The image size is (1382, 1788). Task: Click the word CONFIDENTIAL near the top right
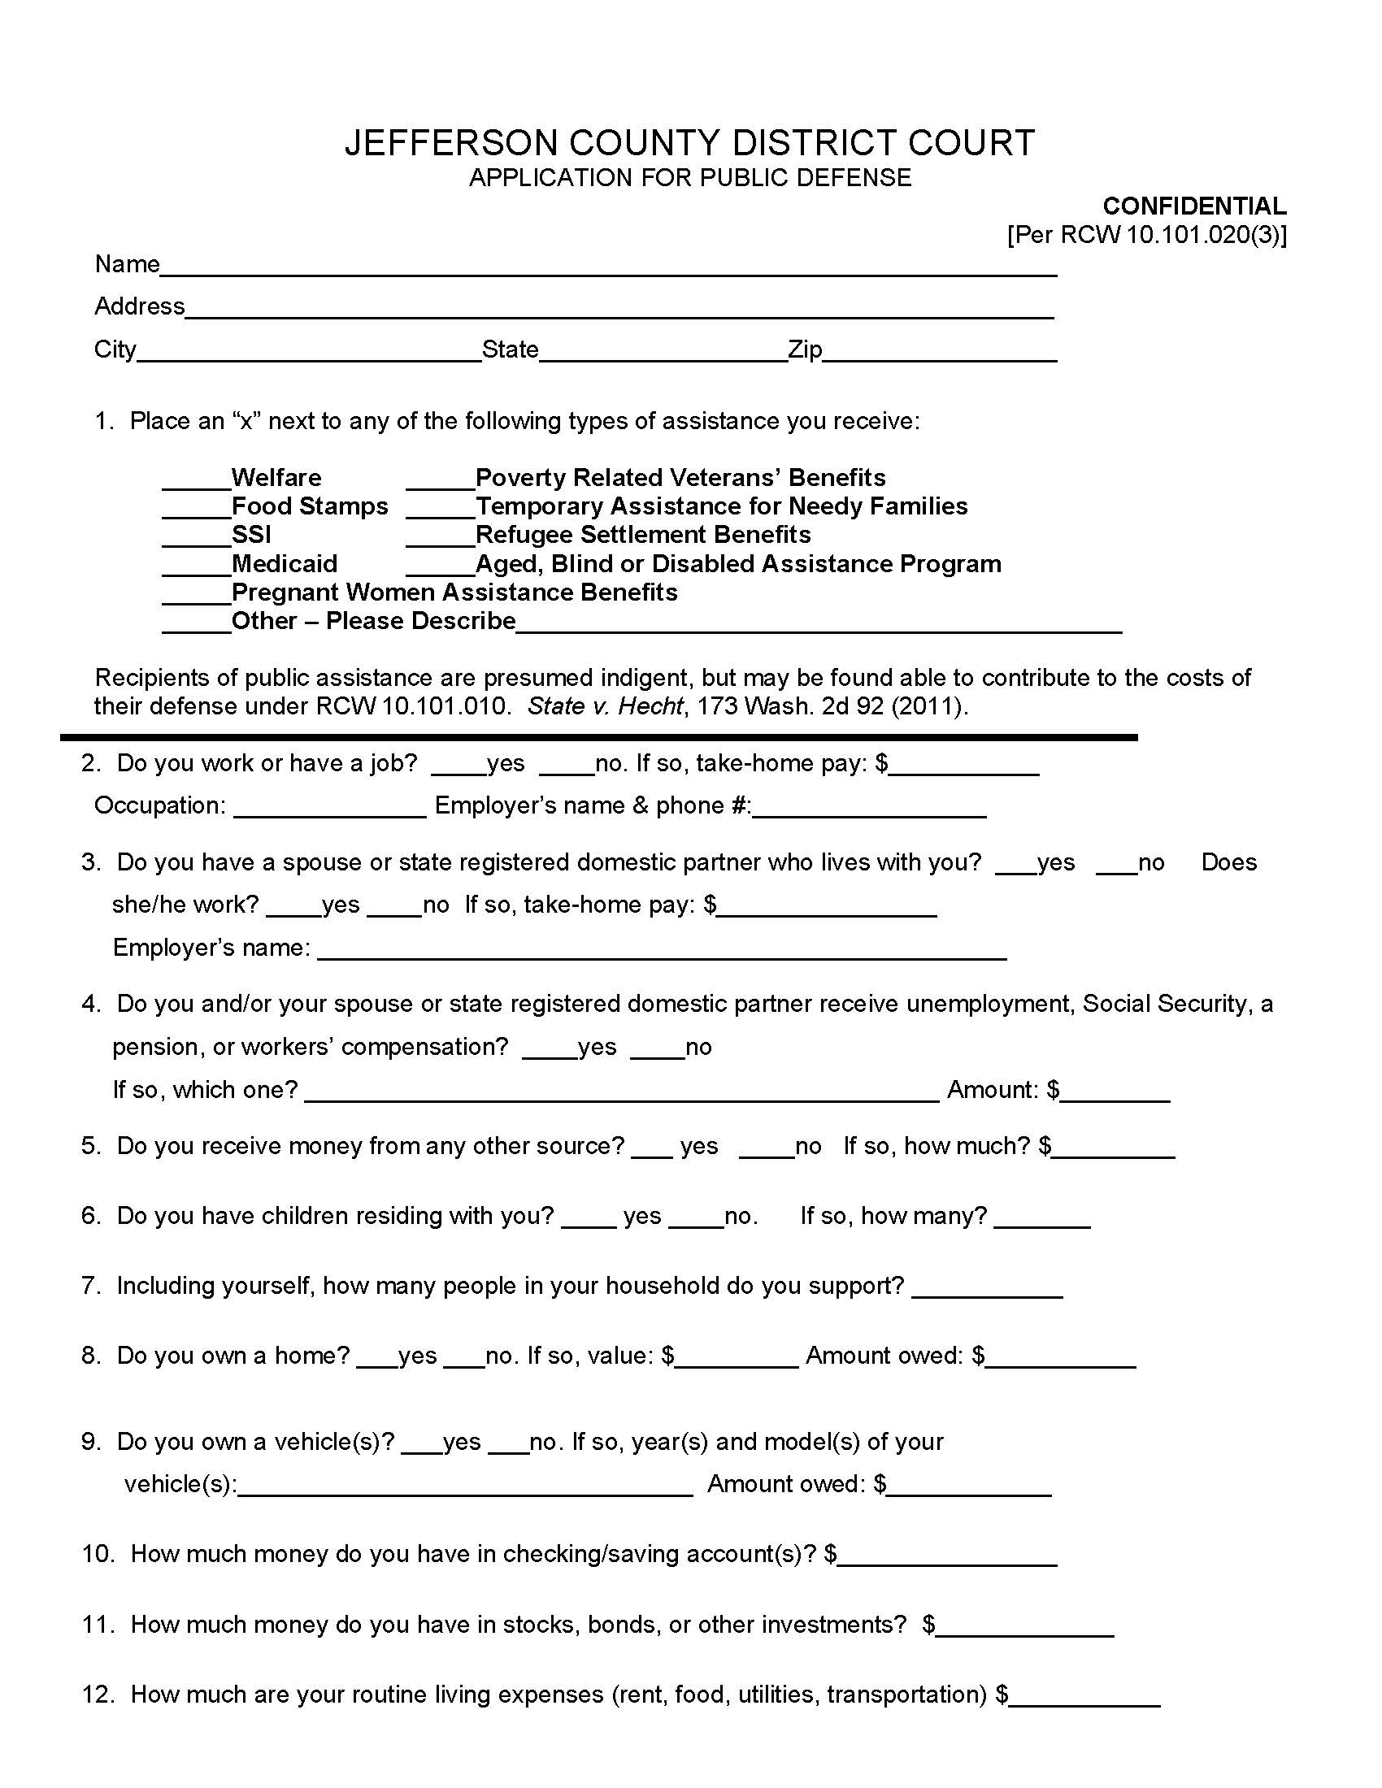point(1193,206)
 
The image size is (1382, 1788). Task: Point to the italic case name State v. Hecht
point(604,705)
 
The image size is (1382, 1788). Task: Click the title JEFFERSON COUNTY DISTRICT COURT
point(689,142)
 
